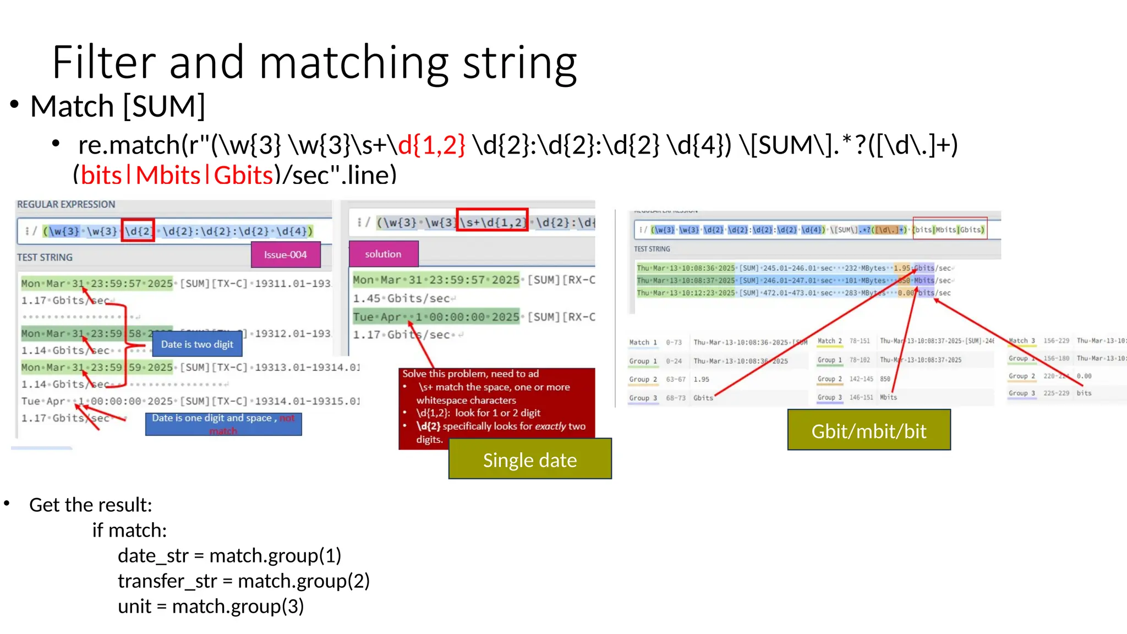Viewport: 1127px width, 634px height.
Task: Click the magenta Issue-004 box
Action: pos(285,255)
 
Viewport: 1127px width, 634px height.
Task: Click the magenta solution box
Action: pos(383,254)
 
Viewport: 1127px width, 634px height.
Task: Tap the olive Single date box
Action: pos(529,460)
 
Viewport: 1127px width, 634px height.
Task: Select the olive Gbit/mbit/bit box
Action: pos(868,430)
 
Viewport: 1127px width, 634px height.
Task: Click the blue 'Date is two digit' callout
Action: pos(197,344)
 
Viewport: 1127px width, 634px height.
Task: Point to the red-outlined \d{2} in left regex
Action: pos(138,231)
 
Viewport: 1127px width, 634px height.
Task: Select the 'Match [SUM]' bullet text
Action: pos(117,106)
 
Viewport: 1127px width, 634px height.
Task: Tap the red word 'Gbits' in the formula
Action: pos(243,175)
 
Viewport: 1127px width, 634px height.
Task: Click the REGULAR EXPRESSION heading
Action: pos(66,204)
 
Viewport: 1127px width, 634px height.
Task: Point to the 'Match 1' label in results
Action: pos(643,342)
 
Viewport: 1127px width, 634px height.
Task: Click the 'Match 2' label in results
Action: pos(829,341)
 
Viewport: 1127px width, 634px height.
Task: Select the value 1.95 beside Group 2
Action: pos(701,379)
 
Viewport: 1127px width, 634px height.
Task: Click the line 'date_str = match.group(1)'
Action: pos(229,555)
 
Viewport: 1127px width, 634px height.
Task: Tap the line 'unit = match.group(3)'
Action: pos(210,606)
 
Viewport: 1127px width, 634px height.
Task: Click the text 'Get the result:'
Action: pos(90,505)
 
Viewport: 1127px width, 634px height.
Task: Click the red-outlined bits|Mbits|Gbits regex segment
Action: pos(949,228)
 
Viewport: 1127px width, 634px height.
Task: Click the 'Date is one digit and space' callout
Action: pos(222,424)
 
